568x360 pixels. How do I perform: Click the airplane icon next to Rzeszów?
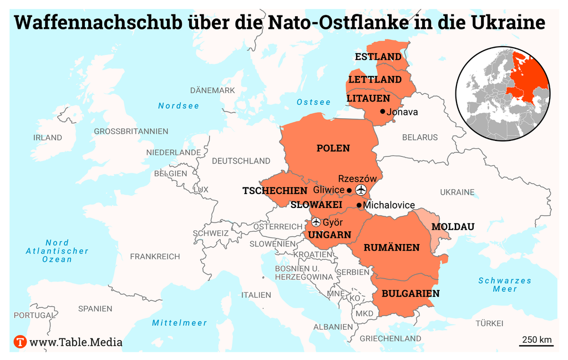[361, 190]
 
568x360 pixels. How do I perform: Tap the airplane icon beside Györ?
[316, 222]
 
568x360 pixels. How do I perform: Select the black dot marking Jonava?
[382, 112]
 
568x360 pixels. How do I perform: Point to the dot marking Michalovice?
[359, 205]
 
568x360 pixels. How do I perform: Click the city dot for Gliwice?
[349, 190]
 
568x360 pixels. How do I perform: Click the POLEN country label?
[333, 148]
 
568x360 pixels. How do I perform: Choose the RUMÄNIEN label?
[391, 247]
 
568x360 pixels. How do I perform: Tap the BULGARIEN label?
[410, 293]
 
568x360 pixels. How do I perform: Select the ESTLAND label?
[378, 57]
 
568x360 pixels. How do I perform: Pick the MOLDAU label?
[453, 227]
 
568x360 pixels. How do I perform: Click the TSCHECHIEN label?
[275, 191]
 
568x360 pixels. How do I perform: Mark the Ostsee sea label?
[313, 102]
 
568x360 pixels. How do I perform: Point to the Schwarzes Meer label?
[505, 285]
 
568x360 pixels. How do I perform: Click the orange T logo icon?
[20, 342]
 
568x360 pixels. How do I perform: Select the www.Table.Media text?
[76, 342]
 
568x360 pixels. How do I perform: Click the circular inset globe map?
[503, 93]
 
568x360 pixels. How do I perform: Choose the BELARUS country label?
[420, 137]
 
